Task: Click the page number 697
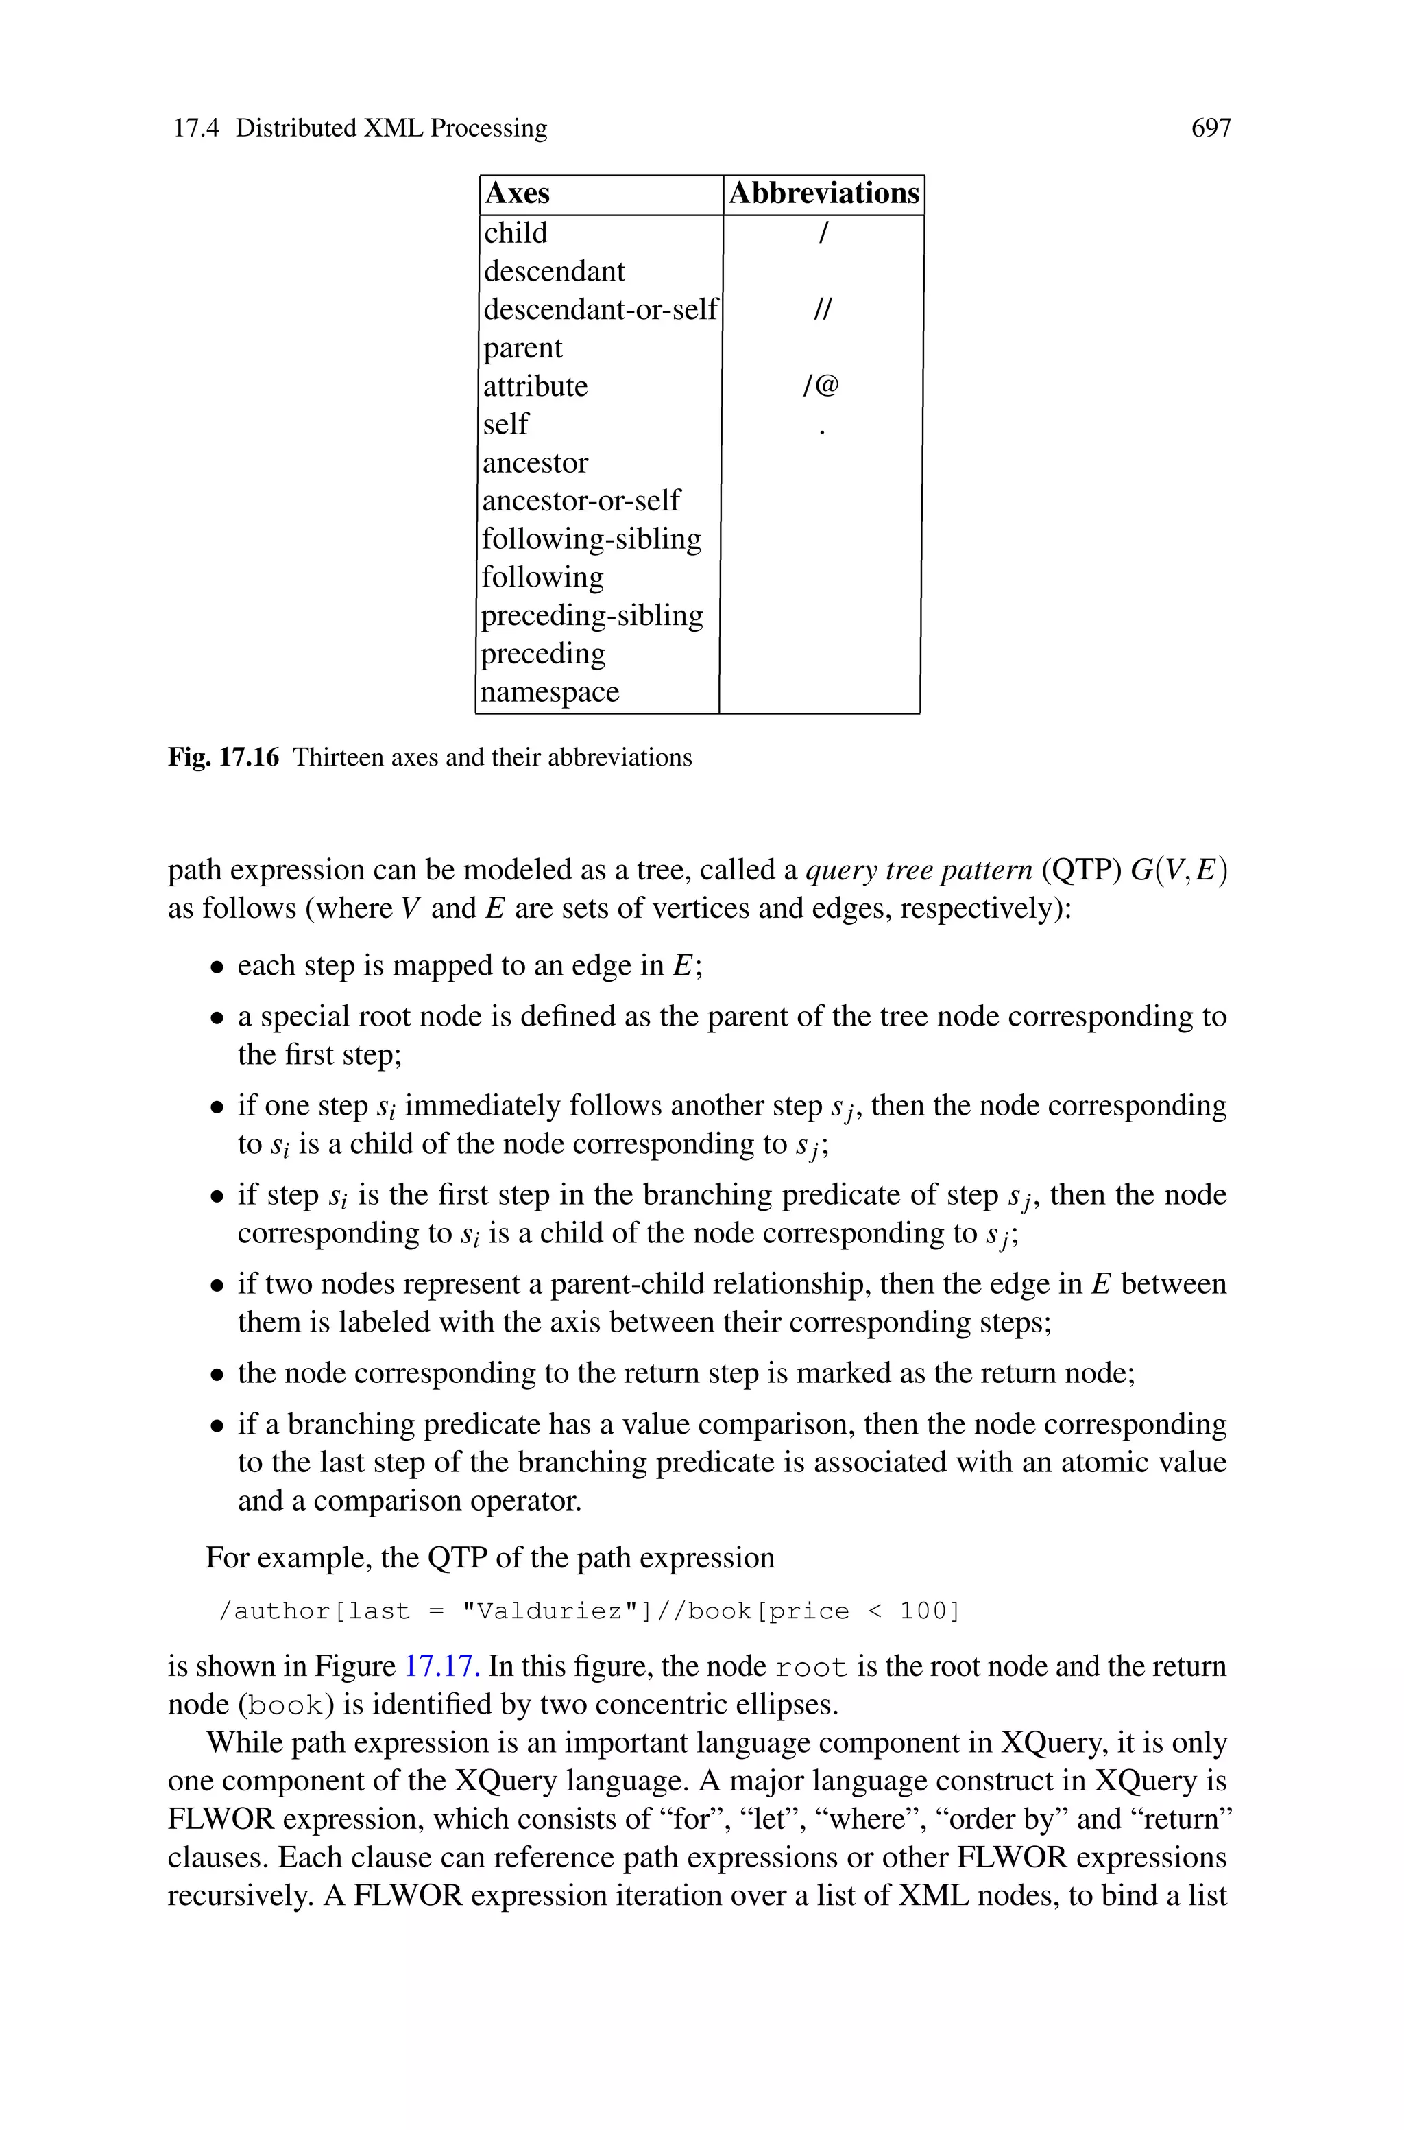click(1211, 128)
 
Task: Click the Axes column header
click(517, 193)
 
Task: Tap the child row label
click(515, 233)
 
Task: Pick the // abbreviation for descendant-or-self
click(822, 310)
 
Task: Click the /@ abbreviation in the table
click(821, 386)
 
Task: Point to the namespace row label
click(550, 692)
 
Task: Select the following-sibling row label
click(591, 539)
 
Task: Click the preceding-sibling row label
click(592, 615)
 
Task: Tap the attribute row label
click(535, 386)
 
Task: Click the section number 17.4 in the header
click(195, 128)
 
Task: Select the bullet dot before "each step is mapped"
click(217, 967)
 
